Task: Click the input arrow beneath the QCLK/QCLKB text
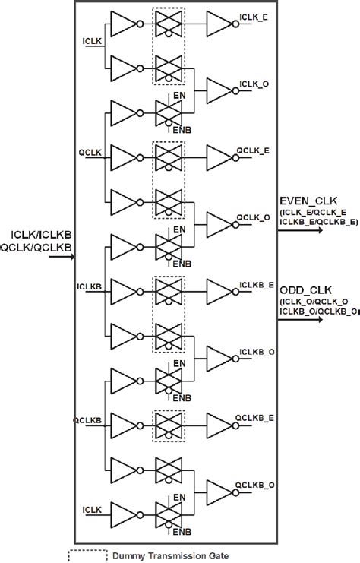pos(61,257)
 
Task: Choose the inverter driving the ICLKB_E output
pos(221,293)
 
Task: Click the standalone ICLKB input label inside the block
pos(88,286)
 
